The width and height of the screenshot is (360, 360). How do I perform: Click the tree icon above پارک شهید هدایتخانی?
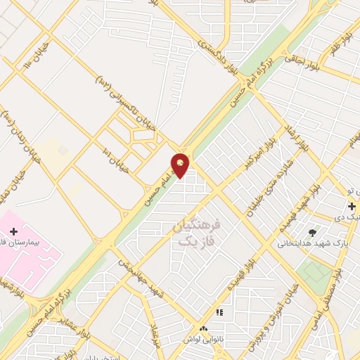pyautogui.click(x=312, y=233)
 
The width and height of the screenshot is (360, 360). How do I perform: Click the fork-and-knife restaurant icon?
pyautogui.click(x=219, y=312)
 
